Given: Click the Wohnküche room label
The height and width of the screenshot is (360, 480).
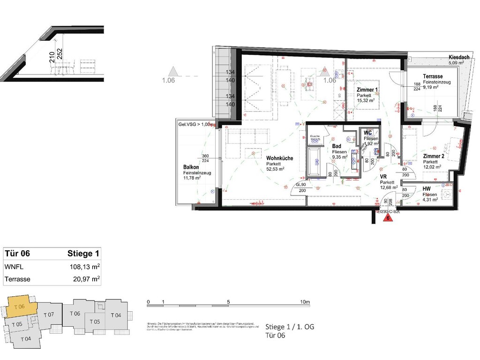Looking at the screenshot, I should [279, 158].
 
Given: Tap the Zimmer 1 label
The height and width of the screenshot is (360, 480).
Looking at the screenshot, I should [367, 90].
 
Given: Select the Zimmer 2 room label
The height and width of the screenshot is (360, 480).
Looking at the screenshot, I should [433, 156].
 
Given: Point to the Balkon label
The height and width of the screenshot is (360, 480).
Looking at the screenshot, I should [191, 167].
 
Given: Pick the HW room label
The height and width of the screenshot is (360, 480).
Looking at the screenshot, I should [426, 188].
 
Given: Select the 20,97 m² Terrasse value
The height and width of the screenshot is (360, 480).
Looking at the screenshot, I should [84, 279].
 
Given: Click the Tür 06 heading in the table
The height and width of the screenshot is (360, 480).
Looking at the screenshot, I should [17, 254].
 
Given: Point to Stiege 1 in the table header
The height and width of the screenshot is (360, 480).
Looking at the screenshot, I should [83, 254].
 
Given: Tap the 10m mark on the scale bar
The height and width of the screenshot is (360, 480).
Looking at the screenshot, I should [305, 302].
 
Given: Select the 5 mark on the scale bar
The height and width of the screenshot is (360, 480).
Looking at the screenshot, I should [228, 302].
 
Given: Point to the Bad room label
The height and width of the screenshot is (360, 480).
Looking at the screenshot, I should [336, 147].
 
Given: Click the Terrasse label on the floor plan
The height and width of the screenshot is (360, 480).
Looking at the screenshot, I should [434, 76].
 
